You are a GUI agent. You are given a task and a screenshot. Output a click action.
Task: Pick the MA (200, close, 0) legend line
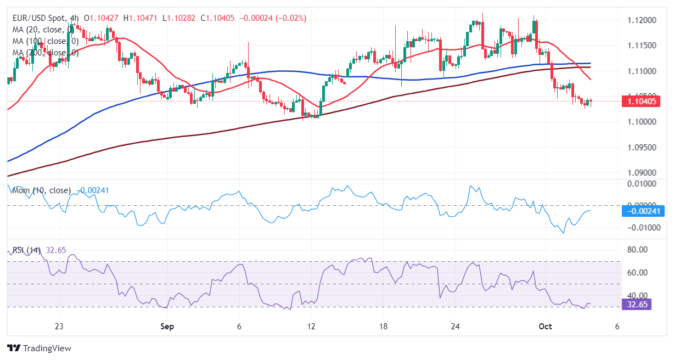45,53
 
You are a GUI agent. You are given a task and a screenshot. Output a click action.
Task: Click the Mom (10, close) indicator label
42,190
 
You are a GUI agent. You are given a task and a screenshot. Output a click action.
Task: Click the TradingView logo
39,348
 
